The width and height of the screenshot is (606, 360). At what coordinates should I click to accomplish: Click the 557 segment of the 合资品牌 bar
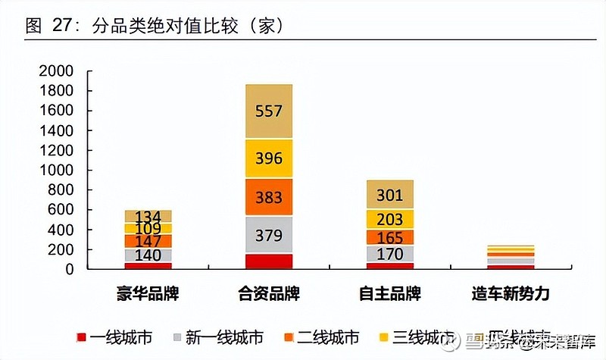click(x=269, y=111)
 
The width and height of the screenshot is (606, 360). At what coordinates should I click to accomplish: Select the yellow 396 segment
click(x=269, y=159)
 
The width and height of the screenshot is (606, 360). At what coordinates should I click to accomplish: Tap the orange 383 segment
click(x=269, y=198)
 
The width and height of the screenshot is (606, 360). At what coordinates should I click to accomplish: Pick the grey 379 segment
click(x=269, y=236)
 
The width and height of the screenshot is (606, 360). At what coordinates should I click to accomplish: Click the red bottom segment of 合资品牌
click(x=269, y=261)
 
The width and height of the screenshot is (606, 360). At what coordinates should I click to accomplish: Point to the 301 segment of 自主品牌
click(x=389, y=196)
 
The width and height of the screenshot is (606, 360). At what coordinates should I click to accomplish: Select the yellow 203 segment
click(x=389, y=220)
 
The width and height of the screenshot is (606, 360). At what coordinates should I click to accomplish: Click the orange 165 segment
click(x=389, y=237)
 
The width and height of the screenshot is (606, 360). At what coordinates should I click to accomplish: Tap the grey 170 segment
click(x=389, y=254)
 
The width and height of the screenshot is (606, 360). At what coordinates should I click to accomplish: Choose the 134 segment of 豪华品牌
click(x=148, y=217)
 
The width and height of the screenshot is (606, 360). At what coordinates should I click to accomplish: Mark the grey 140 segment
click(x=148, y=255)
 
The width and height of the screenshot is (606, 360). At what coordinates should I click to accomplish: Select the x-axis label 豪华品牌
click(x=148, y=293)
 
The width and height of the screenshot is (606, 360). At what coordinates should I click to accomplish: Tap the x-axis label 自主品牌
click(x=389, y=293)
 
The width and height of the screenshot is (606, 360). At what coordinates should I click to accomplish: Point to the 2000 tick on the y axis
click(x=57, y=71)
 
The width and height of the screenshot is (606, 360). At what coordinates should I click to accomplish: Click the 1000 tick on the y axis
click(x=57, y=171)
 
